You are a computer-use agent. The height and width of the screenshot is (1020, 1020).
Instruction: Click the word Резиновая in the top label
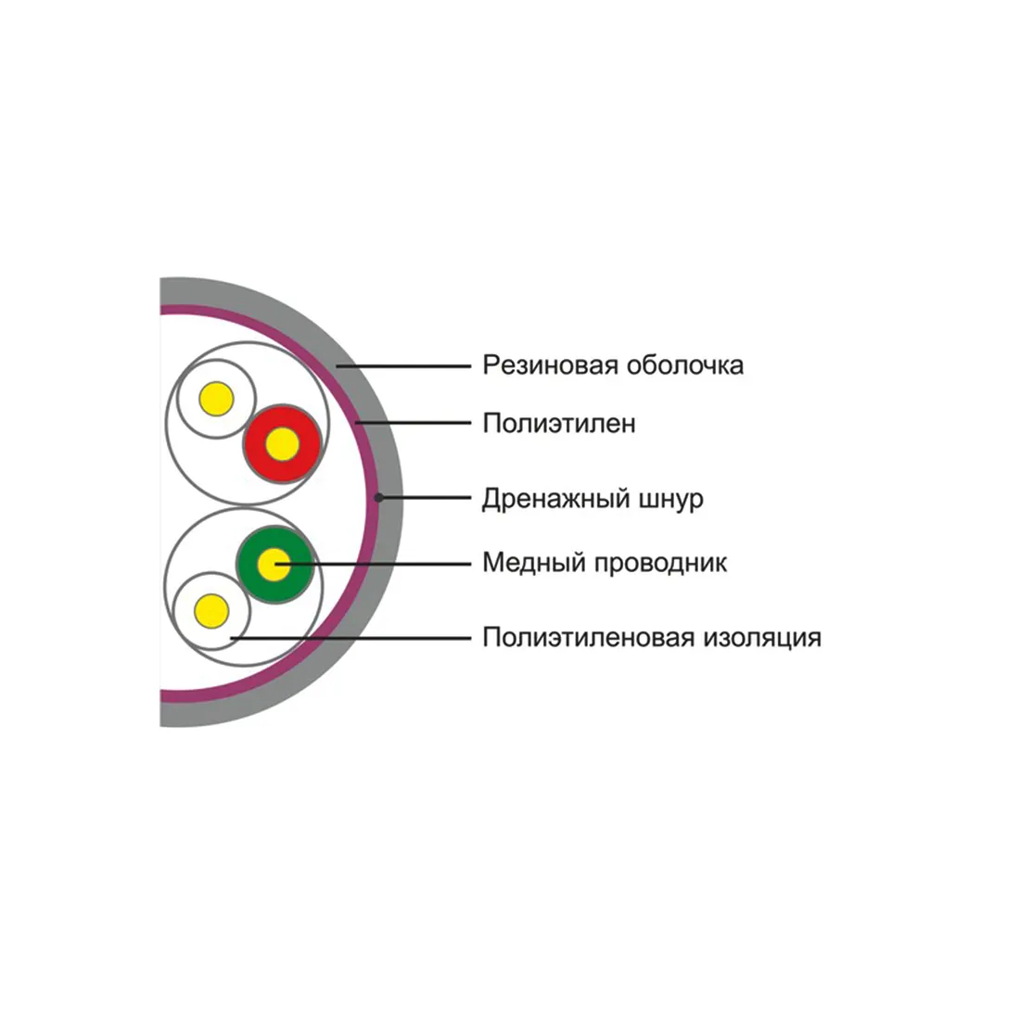550,365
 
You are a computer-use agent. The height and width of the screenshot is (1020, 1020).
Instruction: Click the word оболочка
685,365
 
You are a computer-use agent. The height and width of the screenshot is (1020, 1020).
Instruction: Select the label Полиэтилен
559,424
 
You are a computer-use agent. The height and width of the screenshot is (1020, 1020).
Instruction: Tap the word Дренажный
556,499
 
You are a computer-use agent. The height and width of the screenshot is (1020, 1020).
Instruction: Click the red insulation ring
282,444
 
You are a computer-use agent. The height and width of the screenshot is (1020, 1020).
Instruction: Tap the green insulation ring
275,565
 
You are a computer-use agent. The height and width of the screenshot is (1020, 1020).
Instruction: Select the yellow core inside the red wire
282,444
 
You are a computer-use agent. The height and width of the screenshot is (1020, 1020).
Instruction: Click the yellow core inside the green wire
274,565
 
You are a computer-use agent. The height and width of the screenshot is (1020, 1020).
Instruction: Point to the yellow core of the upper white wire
217,399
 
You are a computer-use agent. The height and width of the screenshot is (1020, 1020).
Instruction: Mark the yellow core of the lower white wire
212,611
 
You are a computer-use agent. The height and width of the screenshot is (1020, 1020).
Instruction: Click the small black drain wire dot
378,498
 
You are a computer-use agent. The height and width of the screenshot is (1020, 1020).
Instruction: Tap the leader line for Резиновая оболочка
403,366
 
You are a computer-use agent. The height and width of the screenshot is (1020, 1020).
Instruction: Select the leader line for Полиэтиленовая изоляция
351,638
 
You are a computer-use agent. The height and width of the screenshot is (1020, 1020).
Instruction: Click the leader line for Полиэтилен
413,423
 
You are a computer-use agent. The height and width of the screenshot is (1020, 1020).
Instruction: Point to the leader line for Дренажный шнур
425,498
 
